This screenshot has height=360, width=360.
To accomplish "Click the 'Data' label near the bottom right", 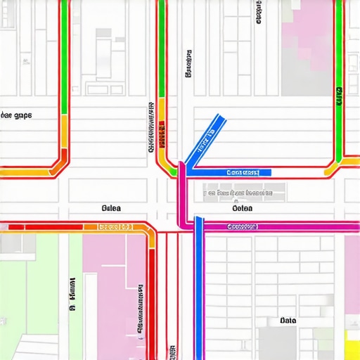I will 288,321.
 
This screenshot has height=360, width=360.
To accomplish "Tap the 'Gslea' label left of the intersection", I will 112,208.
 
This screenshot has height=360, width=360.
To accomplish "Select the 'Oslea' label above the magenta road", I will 243,208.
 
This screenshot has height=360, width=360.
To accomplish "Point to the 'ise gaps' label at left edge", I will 15,115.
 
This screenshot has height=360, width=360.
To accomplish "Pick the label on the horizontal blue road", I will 243,172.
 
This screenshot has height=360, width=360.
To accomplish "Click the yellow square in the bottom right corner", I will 352,344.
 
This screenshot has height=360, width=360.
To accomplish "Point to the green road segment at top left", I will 65,56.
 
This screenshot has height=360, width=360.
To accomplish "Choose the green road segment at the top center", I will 162,49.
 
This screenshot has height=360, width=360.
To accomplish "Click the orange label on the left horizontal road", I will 115,227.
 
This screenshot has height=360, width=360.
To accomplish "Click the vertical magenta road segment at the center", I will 182,197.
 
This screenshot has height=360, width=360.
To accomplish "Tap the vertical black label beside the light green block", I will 72,295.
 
